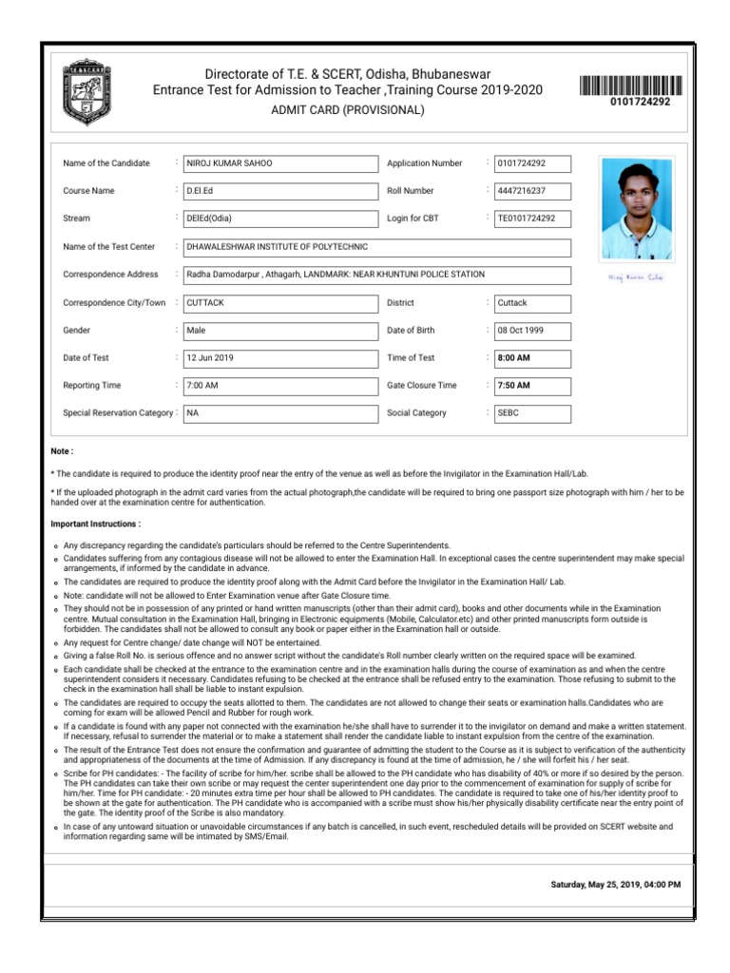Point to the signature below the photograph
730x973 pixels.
click(636, 277)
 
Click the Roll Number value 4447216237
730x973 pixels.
click(532, 191)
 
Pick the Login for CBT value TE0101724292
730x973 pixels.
click(532, 219)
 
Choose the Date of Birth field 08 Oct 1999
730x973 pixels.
click(532, 331)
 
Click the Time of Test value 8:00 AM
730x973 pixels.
click(532, 358)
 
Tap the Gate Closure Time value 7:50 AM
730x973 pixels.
click(532, 386)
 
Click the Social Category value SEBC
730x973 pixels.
click(532, 413)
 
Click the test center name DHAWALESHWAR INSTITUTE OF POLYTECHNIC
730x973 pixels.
click(377, 247)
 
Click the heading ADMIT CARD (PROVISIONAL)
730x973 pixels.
click(348, 110)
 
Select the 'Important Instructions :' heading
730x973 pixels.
click(95, 524)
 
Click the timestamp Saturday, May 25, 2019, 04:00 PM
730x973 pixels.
click(616, 884)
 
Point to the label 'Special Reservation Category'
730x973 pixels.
click(118, 413)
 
